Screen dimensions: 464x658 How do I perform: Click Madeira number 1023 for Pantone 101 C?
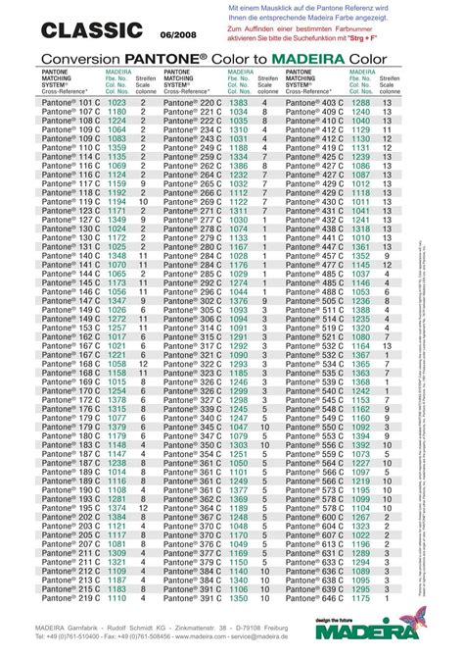pos(117,102)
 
